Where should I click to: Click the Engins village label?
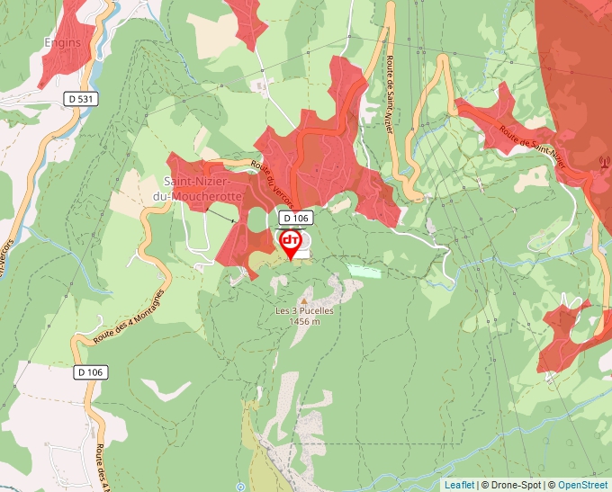62,42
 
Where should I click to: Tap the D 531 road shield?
80,97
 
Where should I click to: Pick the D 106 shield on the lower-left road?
90,371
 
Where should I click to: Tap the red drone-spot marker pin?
291,244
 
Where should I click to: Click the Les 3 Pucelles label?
304,311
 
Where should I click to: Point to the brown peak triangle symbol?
304,300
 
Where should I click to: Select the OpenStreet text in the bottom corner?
582,485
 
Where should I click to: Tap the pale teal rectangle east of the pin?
364,270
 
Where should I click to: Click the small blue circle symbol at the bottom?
240,486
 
